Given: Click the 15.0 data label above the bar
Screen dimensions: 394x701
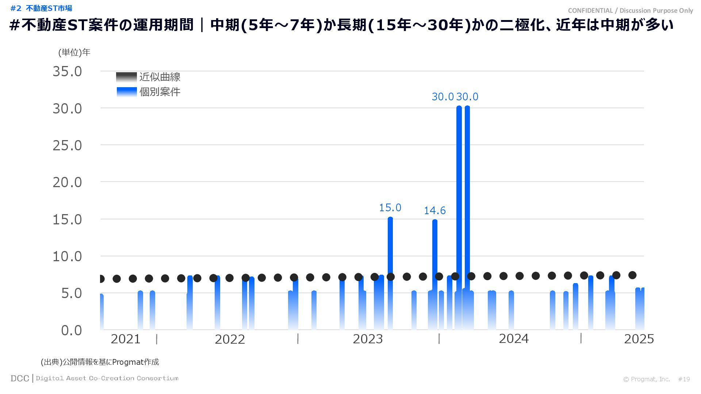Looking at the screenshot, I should pos(390,208).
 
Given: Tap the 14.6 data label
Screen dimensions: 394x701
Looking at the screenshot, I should pos(434,210).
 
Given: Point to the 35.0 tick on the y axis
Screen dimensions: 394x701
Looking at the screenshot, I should pos(68,72).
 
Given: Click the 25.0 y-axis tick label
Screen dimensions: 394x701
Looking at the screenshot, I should pos(68,146).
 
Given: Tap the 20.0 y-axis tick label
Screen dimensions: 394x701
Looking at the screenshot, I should pos(68,182).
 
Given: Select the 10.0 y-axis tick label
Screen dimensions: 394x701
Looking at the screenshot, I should pos(68,256).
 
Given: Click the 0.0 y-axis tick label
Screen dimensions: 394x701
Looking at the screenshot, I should pos(72,331).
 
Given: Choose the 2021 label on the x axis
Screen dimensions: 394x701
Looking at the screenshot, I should pos(125,339).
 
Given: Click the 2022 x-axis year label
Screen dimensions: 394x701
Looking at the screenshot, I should pos(230,339).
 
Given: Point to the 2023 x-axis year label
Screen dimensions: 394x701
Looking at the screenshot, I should pos(368,339).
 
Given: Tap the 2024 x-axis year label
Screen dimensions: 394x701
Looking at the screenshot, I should pos(513,339).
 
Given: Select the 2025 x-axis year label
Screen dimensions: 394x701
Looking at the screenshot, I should pos(639,339).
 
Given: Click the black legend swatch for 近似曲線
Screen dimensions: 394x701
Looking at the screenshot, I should pos(126,77).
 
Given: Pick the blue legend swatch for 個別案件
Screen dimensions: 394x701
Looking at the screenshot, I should pos(126,92).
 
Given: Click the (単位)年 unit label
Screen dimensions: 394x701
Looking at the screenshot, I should pos(74,53).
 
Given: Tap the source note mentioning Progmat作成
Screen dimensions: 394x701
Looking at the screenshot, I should pos(100,362).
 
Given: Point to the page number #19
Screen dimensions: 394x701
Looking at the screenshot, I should pos(684,379).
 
